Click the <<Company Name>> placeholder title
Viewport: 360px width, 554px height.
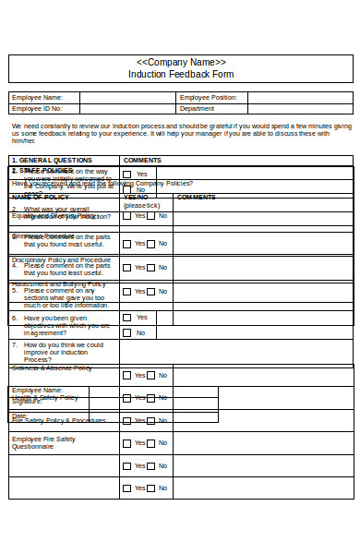coord(180,62)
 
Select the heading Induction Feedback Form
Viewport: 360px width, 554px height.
coord(180,74)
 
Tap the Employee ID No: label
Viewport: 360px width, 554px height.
coord(37,109)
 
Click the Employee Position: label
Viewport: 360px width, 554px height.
coord(209,97)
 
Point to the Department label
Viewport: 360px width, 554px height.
coord(198,109)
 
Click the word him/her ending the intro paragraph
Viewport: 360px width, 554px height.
coord(23,141)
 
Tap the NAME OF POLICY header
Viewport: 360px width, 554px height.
coord(40,197)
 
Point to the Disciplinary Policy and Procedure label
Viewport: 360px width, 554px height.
coord(61,260)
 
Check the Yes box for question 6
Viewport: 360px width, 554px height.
coord(127,318)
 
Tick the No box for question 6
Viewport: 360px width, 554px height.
coord(127,332)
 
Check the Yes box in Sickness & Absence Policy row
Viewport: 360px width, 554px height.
coord(127,376)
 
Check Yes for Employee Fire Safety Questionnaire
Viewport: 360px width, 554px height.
coord(127,443)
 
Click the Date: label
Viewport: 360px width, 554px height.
coord(19,415)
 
